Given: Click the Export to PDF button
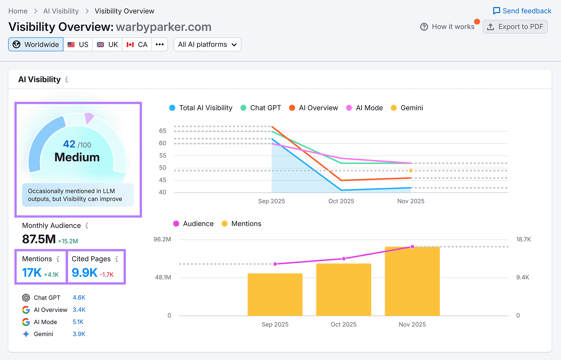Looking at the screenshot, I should pos(515,27).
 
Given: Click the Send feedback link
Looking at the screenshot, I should pos(522,11).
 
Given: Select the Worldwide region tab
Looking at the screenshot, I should pos(36,45).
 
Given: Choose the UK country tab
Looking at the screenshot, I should pos(107,45).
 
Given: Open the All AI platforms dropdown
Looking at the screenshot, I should pos(207,45).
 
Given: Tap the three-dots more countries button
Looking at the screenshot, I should pos(160,45).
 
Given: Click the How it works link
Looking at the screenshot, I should pos(447,27).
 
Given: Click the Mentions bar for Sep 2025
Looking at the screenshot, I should pos(275,295).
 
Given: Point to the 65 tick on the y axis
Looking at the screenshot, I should pos(162,131).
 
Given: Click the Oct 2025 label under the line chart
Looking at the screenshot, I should pos(341,201).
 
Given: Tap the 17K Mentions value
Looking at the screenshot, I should pos(32,273).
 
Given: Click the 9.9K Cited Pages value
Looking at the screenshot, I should pos(85,273).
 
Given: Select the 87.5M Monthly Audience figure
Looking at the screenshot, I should pos(39,239).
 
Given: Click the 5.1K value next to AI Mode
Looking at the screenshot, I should pos(78,322).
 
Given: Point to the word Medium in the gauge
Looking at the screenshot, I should pos(77,157).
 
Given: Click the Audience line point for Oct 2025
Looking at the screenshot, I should pos(344,259).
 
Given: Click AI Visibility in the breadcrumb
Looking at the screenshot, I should pos(61,11).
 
